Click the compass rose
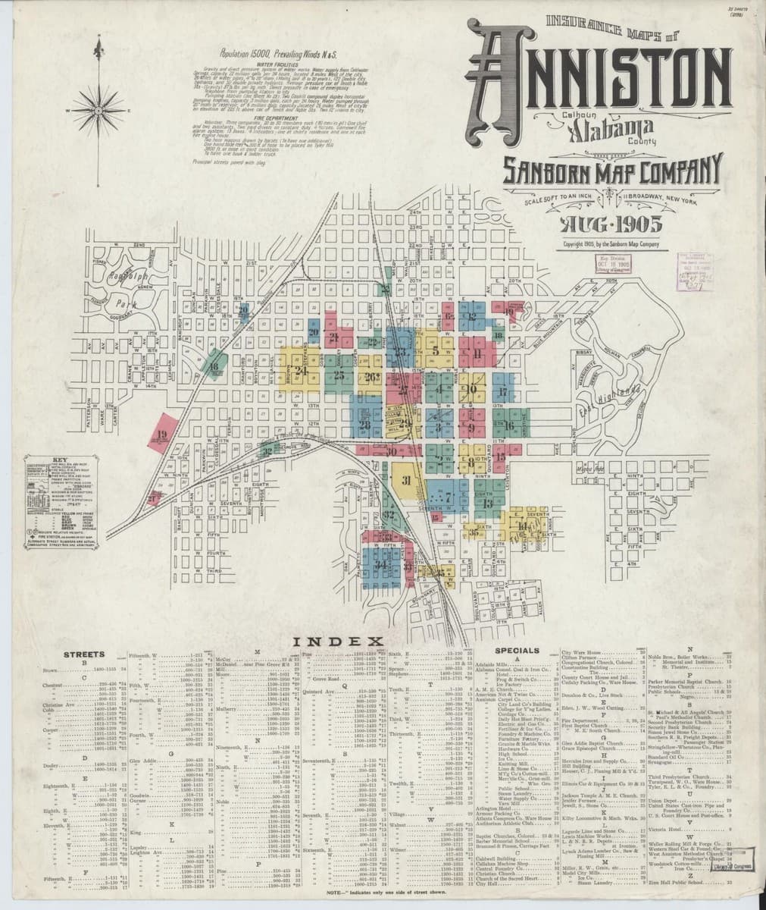click(x=97, y=111)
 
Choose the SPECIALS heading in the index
click(x=517, y=651)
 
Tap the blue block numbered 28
click(x=366, y=425)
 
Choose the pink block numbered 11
click(x=477, y=353)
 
